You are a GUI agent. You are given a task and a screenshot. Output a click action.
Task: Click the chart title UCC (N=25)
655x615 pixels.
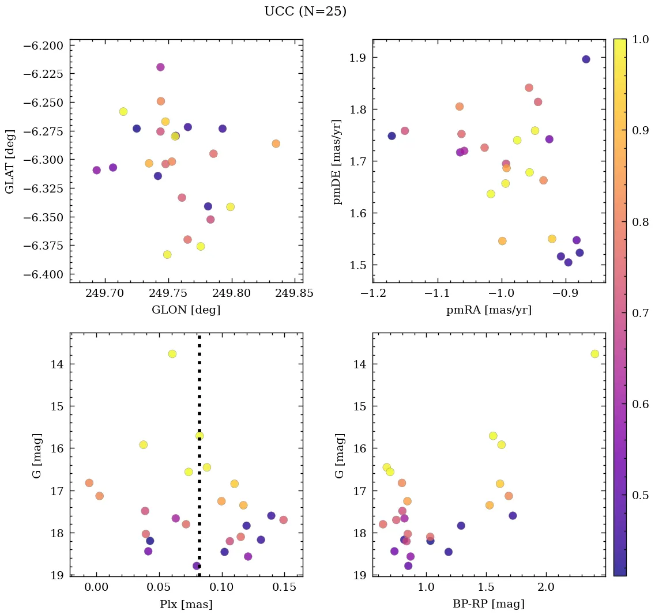(305, 12)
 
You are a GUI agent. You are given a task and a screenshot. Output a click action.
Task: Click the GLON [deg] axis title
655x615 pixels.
(186, 310)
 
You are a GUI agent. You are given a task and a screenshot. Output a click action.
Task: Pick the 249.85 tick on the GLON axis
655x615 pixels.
(295, 293)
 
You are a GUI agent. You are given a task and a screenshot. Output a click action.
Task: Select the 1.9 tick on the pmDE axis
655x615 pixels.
(356, 58)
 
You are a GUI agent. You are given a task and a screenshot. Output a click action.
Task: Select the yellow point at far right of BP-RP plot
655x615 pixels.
(594, 354)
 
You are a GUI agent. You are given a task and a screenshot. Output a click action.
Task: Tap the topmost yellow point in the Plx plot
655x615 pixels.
(172, 354)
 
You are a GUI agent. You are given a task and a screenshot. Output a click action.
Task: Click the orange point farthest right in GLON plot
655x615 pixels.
(276, 144)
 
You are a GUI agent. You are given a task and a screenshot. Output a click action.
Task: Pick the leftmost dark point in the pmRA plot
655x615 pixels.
(392, 136)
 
